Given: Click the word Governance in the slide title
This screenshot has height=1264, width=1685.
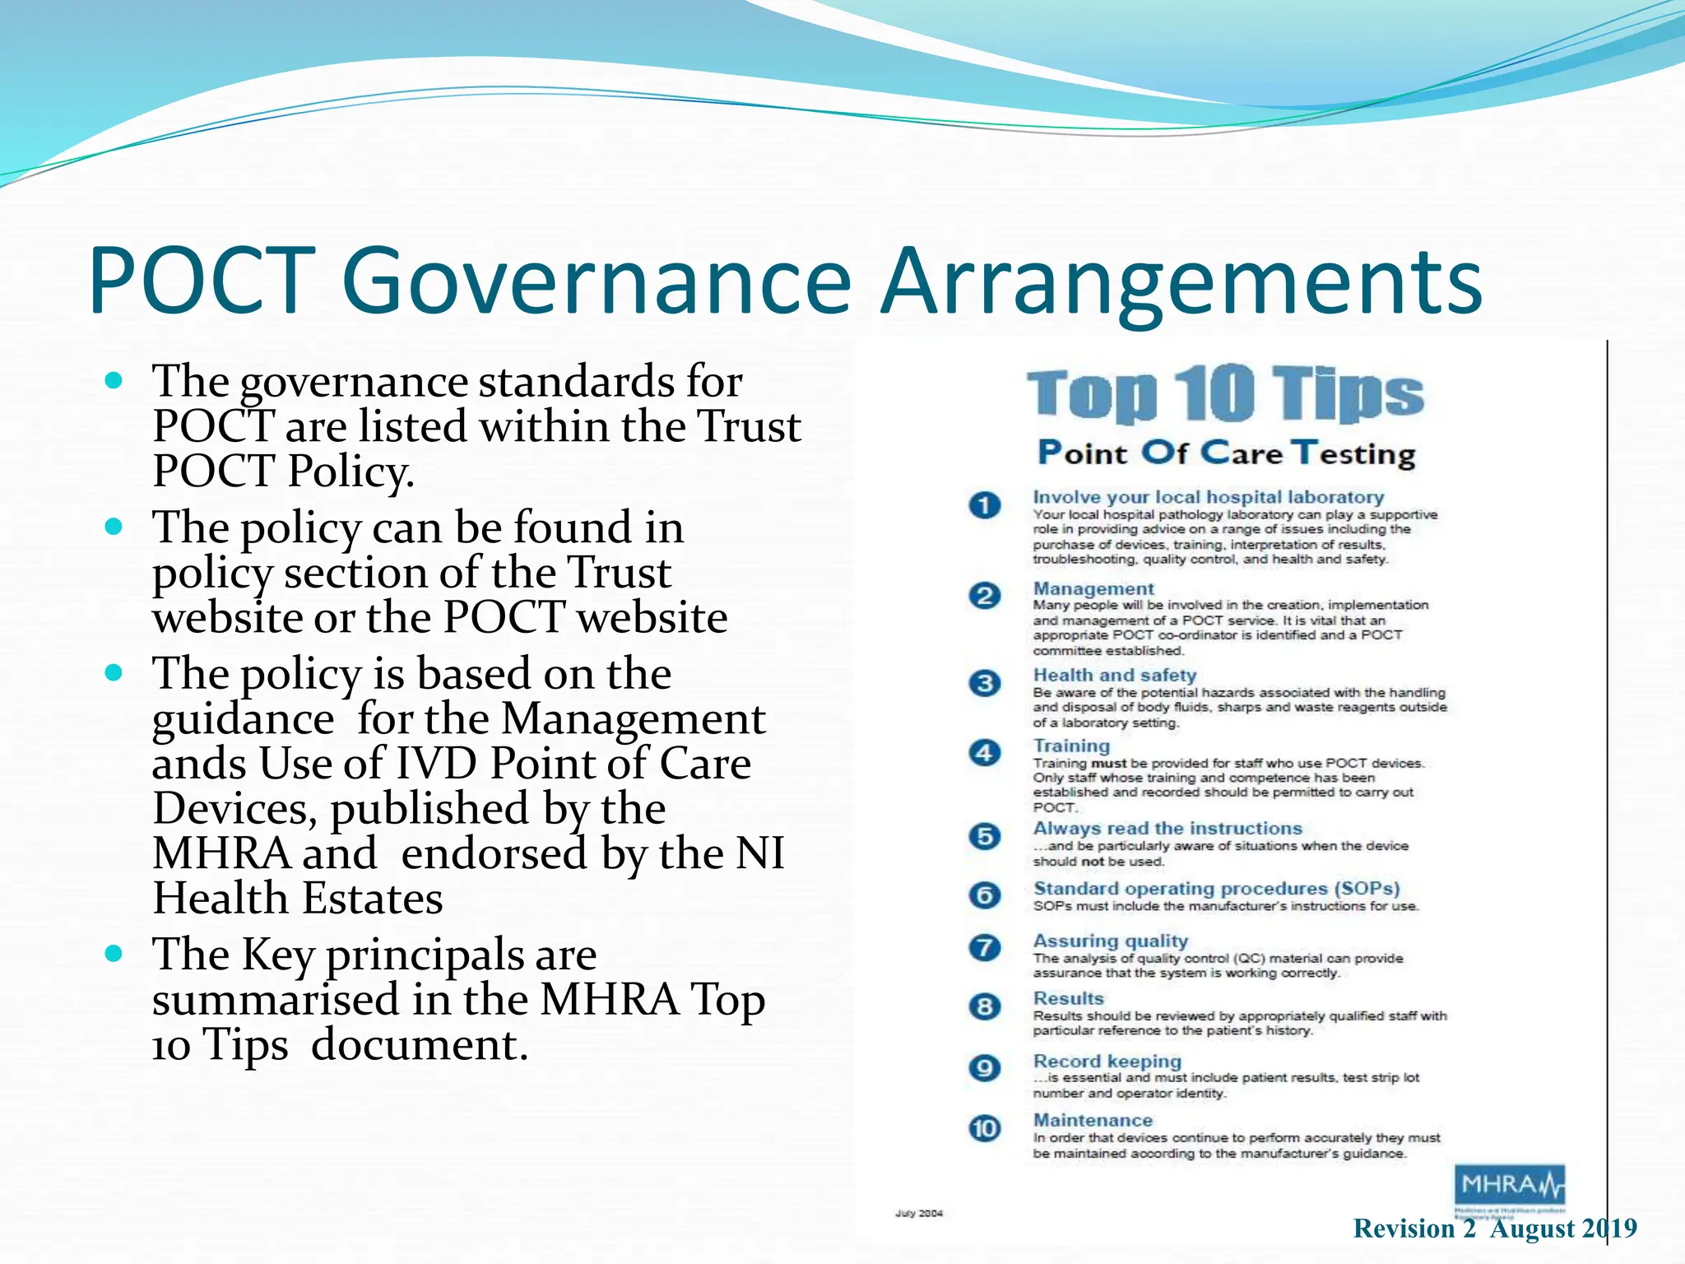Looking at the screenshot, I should (596, 281).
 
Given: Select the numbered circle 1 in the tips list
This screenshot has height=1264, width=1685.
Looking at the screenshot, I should (985, 504).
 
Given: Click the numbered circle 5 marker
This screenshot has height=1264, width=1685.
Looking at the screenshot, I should (985, 836).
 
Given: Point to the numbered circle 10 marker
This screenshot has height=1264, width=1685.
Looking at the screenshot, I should (985, 1128).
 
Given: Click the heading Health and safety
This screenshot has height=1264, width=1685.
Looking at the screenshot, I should (1114, 675).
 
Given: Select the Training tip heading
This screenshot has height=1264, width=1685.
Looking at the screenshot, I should (1071, 746).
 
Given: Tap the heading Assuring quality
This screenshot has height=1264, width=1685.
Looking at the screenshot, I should (1110, 941).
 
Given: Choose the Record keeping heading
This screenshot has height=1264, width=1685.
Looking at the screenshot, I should (1107, 1061).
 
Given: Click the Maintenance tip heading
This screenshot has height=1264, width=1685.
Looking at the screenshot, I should (1093, 1120).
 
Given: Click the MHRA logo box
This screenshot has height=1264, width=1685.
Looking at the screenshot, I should (1509, 1186).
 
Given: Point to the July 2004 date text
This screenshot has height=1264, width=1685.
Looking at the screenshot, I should (919, 1213).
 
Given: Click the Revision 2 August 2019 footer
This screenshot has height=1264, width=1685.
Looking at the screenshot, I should (1494, 1229).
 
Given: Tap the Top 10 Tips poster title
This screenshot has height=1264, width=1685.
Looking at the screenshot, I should (1225, 393).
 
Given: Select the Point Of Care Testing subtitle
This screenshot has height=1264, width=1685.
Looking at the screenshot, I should (1225, 453).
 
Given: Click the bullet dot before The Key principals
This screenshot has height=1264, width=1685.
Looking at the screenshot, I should (114, 954).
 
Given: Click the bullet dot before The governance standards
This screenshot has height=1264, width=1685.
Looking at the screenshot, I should (114, 381).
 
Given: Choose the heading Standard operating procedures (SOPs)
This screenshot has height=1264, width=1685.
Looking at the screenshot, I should (1216, 889).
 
